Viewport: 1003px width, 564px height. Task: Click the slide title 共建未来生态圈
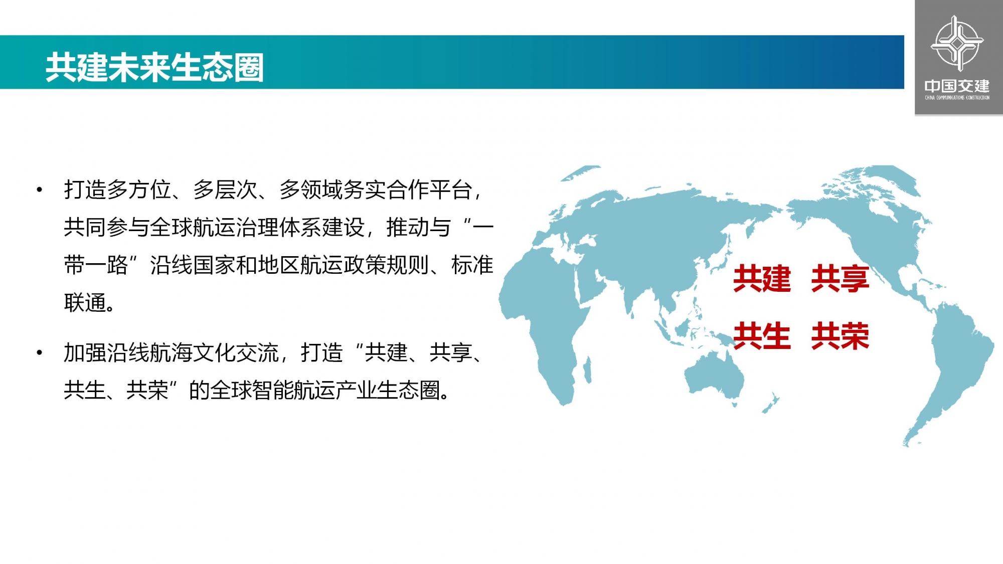coord(154,68)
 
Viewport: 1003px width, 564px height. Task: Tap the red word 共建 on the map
coord(762,279)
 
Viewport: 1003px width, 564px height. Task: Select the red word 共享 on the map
coord(840,279)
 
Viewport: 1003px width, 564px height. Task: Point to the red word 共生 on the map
coord(762,336)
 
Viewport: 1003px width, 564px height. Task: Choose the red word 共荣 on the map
coord(840,336)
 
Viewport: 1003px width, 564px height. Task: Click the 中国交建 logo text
coord(957,86)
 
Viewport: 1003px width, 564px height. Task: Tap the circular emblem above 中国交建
coord(957,43)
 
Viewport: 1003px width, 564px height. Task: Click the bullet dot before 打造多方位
coord(40,190)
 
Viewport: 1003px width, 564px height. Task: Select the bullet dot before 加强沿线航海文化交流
coord(40,353)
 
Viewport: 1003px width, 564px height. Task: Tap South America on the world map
coord(948,361)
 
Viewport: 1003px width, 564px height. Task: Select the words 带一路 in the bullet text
coord(96,265)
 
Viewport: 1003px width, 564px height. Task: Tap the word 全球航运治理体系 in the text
coord(235,228)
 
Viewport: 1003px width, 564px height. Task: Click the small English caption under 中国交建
coord(957,98)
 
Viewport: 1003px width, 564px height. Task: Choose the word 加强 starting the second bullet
coord(85,353)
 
